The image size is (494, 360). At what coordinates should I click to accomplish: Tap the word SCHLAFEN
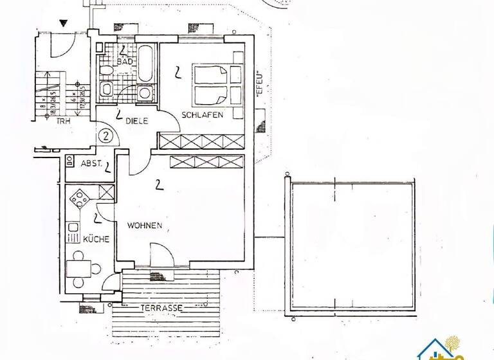click(x=202, y=114)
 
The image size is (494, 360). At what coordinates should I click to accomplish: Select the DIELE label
click(x=137, y=119)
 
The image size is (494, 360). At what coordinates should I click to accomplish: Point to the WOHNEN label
click(x=143, y=226)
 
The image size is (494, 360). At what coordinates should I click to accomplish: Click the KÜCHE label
click(x=96, y=239)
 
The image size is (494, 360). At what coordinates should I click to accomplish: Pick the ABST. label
click(x=92, y=163)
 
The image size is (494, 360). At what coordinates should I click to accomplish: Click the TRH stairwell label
click(x=62, y=120)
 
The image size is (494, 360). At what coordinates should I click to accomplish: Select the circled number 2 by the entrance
click(x=106, y=136)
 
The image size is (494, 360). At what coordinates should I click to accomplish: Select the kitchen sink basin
click(x=73, y=232)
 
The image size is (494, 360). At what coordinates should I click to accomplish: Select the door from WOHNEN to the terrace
click(x=161, y=257)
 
